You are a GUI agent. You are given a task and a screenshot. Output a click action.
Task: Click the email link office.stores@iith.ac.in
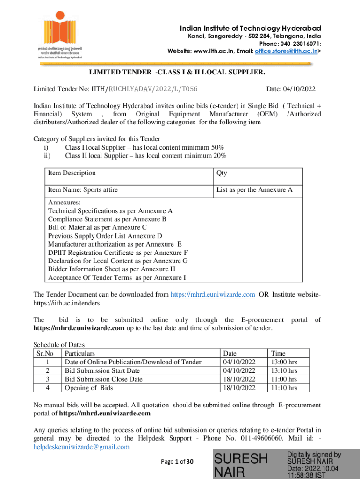[x=286, y=51]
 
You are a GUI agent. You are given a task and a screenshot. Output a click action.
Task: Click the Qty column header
[x=222, y=173]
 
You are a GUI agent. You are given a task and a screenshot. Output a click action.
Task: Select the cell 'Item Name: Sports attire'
[x=83, y=190]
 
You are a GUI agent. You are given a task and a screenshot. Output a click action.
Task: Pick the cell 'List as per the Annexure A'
[x=254, y=190]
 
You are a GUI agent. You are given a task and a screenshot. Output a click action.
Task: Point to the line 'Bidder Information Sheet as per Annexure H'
[x=112, y=269]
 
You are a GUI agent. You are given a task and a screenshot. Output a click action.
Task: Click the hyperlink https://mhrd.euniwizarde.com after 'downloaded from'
[x=213, y=294]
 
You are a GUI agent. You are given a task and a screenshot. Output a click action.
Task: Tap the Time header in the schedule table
[x=278, y=354]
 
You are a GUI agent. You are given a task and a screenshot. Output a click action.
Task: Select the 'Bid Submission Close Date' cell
[x=103, y=379]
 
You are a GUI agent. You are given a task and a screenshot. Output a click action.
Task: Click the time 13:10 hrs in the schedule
[x=284, y=371]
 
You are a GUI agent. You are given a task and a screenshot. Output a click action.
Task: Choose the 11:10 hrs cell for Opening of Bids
[x=284, y=388]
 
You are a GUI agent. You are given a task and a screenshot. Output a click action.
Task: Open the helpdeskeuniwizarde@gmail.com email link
[x=81, y=447]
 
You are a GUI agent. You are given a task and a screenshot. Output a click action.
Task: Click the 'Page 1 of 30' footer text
[x=177, y=462]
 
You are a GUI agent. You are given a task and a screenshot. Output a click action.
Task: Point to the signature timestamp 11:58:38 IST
[x=307, y=475]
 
